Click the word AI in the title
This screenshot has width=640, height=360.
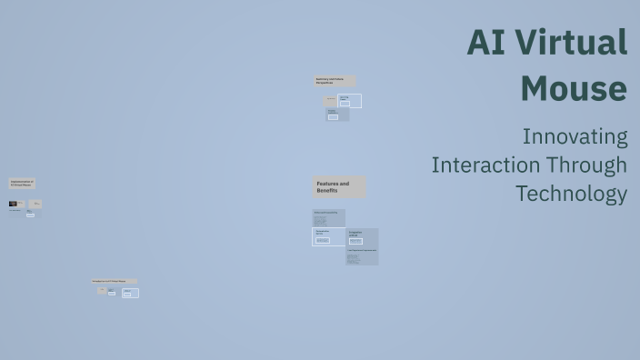pyautogui.click(x=486, y=44)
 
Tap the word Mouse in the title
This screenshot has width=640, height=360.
pyautogui.click(x=574, y=88)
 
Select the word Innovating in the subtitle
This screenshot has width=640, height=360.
pyautogui.click(x=575, y=136)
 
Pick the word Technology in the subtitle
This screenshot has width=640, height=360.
pyautogui.click(x=571, y=194)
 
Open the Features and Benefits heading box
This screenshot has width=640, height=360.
pyautogui.click(x=339, y=187)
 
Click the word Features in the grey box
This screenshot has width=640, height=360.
pyautogui.click(x=327, y=184)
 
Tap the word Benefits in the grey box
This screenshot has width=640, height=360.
pyautogui.click(x=327, y=191)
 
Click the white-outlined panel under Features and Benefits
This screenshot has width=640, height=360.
pyautogui.click(x=328, y=236)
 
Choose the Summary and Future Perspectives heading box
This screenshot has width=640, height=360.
pyautogui.click(x=335, y=81)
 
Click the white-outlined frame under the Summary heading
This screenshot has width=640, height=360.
pyautogui.click(x=350, y=101)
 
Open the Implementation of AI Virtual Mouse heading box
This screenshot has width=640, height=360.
pyautogui.click(x=23, y=184)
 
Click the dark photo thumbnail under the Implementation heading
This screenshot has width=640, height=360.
pyautogui.click(x=15, y=204)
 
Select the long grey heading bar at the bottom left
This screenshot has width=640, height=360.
pyautogui.click(x=114, y=282)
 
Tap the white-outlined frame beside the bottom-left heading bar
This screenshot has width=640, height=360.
pyautogui.click(x=130, y=293)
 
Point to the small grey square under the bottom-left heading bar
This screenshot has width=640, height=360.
pyautogui.click(x=102, y=291)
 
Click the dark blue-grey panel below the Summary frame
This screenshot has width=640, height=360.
pyautogui.click(x=336, y=115)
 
